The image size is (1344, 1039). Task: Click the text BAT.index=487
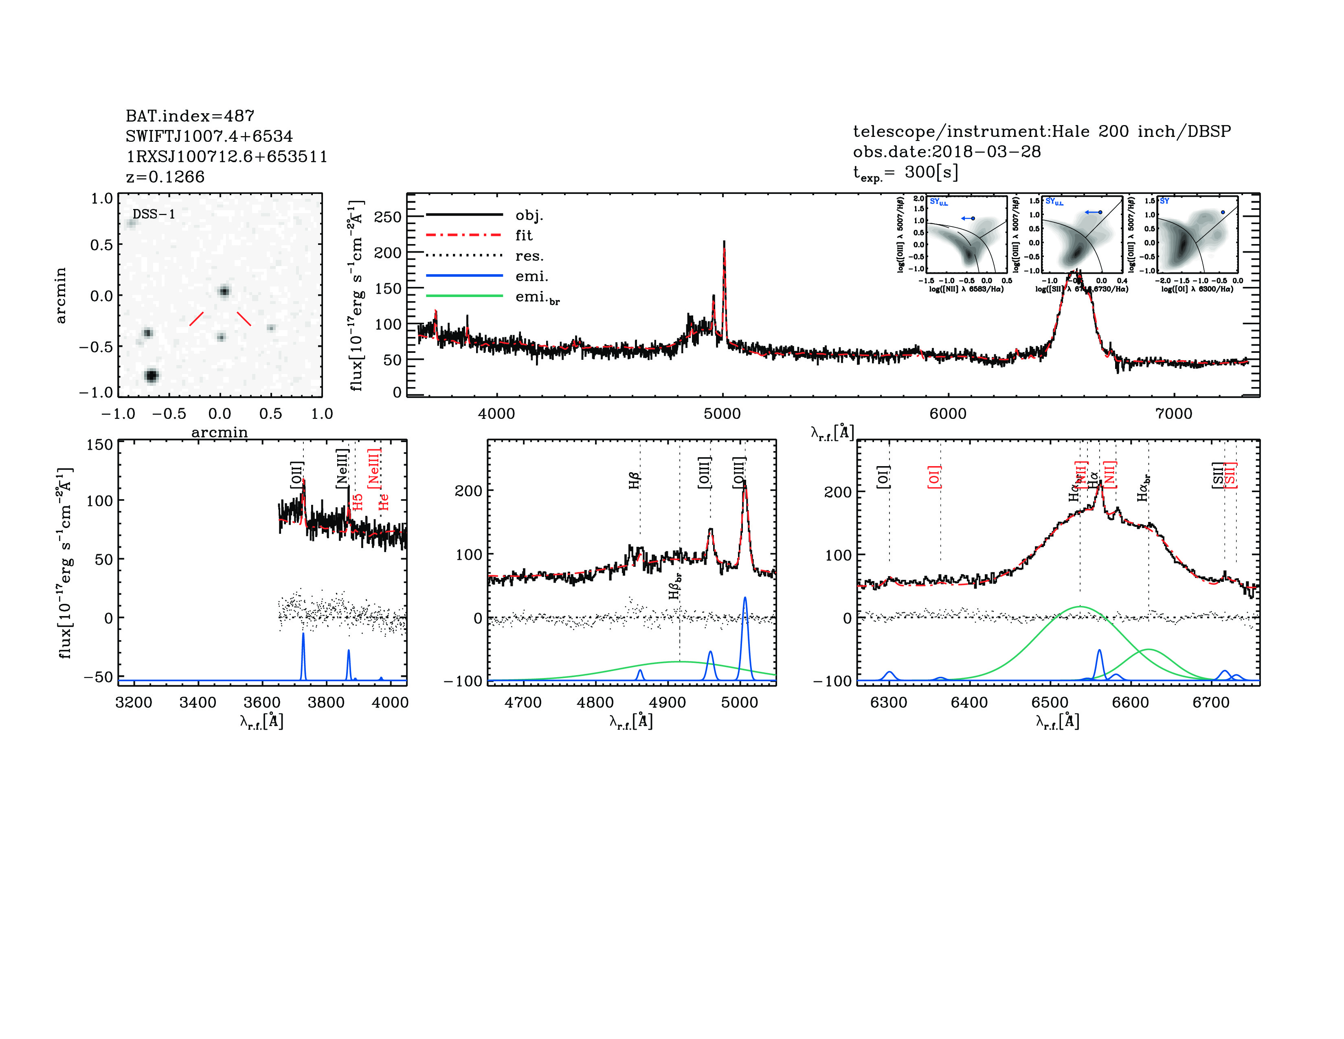tap(189, 116)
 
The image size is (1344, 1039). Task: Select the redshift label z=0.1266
tap(165, 177)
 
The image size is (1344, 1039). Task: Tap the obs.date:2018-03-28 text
tap(947, 152)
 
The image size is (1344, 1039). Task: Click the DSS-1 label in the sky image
tap(154, 214)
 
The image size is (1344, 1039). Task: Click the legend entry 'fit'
tap(524, 235)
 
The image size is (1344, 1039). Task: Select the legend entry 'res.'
tap(529, 255)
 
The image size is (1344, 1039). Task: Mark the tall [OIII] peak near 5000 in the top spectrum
tap(724, 243)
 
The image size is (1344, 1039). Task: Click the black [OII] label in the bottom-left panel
tap(296, 475)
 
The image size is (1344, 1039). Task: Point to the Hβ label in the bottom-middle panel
tap(635, 480)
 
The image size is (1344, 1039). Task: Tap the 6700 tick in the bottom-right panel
tap(1211, 702)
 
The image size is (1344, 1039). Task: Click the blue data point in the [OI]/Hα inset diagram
tap(1223, 212)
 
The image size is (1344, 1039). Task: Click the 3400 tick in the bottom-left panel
tap(198, 702)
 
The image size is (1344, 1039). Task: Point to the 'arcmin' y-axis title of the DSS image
tap(60, 295)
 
